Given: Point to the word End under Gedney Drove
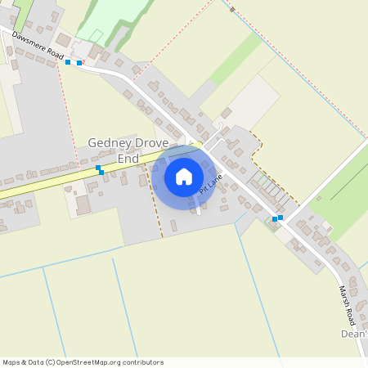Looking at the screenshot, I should coord(128,158).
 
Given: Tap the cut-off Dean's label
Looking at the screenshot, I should coord(354,334).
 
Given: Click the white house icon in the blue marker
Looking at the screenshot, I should coord(184,176).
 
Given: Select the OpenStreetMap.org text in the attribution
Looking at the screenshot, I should coord(84,362).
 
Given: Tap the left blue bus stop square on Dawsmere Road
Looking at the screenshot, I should coord(68,62).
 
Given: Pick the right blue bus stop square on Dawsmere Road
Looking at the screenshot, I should coord(79,62).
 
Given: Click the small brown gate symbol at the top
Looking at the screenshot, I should coord(232,10).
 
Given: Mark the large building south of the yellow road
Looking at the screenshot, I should coord(83,204).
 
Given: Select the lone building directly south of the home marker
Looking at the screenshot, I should coord(173,225).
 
